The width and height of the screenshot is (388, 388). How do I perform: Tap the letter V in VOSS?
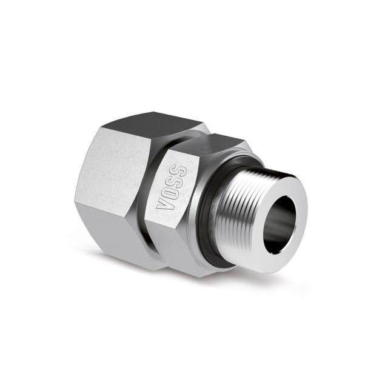pos(163,203)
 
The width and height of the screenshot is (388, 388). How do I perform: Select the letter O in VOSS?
pos(169,192)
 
